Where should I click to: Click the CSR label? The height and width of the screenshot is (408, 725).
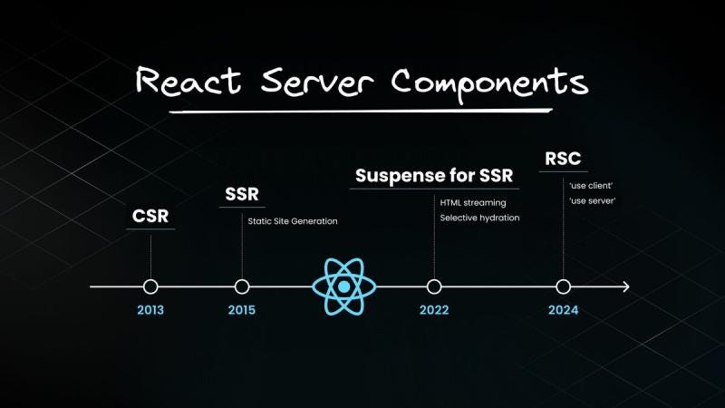coord(150,218)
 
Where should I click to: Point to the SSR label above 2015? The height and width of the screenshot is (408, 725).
coord(242,194)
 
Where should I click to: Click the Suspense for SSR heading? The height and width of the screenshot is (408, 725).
coord(434,175)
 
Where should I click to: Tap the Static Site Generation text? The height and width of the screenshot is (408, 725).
coord(292,221)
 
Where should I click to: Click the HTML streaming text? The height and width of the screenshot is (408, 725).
coord(473,202)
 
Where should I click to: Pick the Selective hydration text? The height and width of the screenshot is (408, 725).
coord(480,219)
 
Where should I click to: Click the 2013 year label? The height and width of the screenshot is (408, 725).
coord(150,310)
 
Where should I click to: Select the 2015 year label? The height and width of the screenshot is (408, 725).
coord(242,310)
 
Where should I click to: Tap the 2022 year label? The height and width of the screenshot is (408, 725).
coord(434,310)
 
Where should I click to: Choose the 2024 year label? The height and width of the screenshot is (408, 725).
coord(563,310)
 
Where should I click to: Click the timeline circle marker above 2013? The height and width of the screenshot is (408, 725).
coord(150,287)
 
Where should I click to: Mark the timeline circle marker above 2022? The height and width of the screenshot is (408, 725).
coord(434,287)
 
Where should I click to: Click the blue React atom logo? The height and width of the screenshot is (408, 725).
coord(344,287)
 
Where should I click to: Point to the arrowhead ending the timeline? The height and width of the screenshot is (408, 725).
coord(625,287)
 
